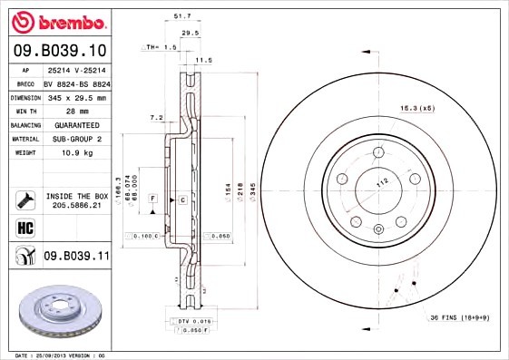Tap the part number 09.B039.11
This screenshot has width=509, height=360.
76,257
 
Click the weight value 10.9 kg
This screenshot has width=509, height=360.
71,153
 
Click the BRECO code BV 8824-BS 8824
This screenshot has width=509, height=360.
76,83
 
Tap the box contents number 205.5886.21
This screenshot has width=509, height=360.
76,205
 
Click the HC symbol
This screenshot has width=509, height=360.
24,227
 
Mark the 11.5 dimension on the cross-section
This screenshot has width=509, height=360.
204,60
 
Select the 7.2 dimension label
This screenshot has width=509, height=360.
155,117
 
